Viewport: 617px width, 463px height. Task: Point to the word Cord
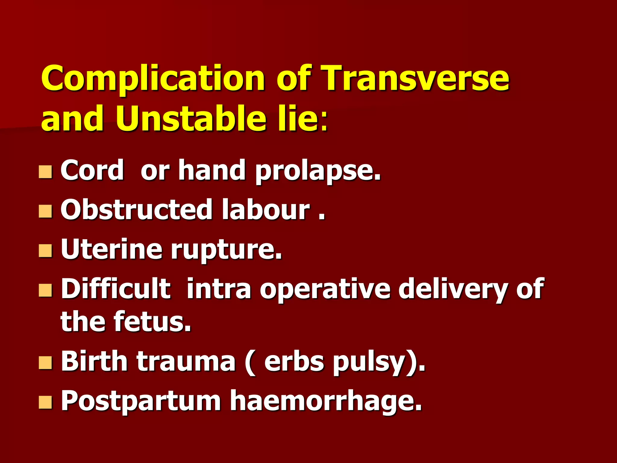(x=92, y=170)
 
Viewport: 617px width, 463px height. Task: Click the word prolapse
(x=318, y=171)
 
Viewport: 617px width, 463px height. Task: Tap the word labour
(x=266, y=210)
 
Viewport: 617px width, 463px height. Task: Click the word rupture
(x=226, y=250)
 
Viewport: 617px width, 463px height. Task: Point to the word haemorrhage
(x=326, y=402)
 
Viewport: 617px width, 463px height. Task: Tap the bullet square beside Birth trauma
(x=45, y=362)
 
